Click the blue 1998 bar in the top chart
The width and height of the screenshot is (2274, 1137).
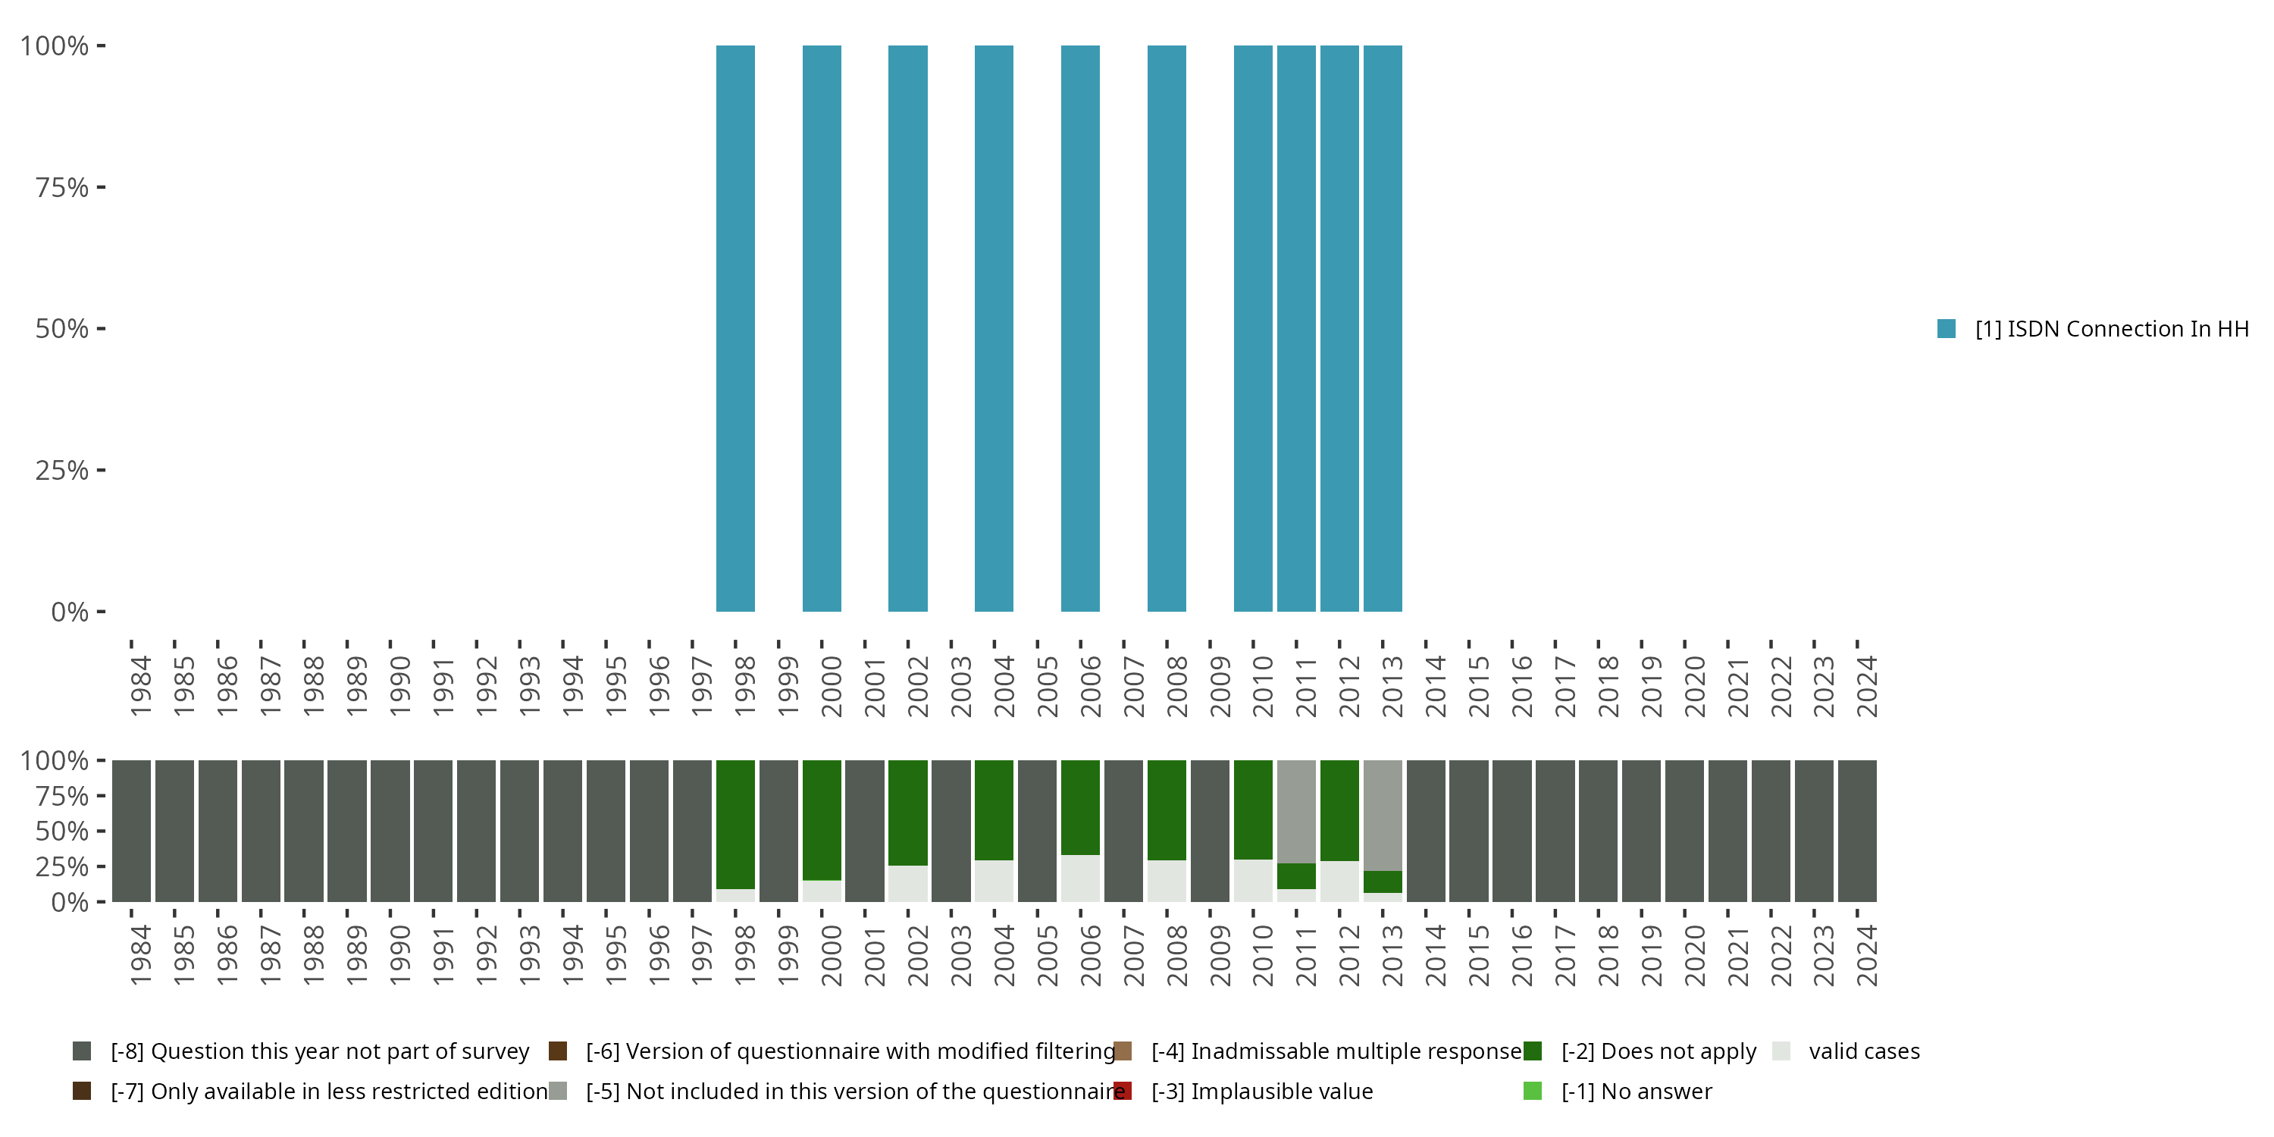735,328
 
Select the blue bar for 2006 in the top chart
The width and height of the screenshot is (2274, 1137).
1079,328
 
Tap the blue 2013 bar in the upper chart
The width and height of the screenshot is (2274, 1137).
1383,328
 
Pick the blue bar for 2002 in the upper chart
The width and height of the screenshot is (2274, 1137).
907,328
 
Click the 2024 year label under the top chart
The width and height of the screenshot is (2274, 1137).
1866,686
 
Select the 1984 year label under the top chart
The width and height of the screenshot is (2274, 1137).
140,686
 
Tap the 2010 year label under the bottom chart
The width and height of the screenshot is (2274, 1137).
1262,955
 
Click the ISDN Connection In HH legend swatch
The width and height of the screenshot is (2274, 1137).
1947,328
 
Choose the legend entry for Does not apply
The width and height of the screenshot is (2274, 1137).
1658,1051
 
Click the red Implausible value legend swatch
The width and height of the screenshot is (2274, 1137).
1123,1091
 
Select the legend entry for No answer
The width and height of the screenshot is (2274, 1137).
1636,1091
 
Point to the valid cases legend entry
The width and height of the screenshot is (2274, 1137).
1863,1051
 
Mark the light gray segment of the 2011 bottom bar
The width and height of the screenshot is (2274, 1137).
1296,811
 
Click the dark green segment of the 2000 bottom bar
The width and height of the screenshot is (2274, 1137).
822,819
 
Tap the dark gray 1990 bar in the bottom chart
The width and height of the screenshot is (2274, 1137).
390,831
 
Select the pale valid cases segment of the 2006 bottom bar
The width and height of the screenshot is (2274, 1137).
1079,879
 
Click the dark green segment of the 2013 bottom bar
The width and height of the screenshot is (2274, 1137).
1383,882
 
